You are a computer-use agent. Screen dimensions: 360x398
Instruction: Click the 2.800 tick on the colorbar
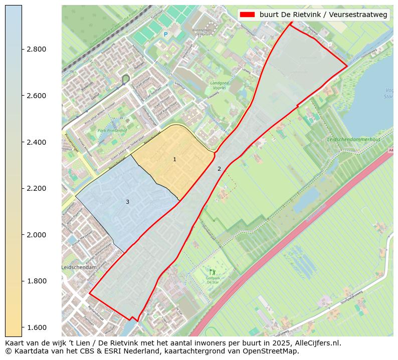coord(36,49)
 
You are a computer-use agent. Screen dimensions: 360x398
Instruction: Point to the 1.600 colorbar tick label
coord(36,327)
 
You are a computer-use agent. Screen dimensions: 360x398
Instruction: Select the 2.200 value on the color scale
coord(36,188)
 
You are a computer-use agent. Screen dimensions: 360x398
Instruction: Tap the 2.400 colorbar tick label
coord(36,142)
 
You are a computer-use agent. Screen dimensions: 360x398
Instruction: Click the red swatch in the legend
coord(248,15)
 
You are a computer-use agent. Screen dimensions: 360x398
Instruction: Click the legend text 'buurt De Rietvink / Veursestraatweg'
coord(323,15)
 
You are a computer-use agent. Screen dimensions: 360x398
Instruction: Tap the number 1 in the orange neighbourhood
coord(174,159)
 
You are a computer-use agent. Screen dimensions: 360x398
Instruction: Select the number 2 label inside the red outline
coord(219,169)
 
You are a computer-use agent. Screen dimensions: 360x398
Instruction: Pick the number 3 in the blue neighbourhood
coord(127,202)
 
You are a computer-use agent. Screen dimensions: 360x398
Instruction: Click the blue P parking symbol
coord(165,35)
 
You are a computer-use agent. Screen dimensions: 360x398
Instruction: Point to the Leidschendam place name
coord(79,268)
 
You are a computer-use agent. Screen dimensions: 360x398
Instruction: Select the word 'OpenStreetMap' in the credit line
coord(272,351)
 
